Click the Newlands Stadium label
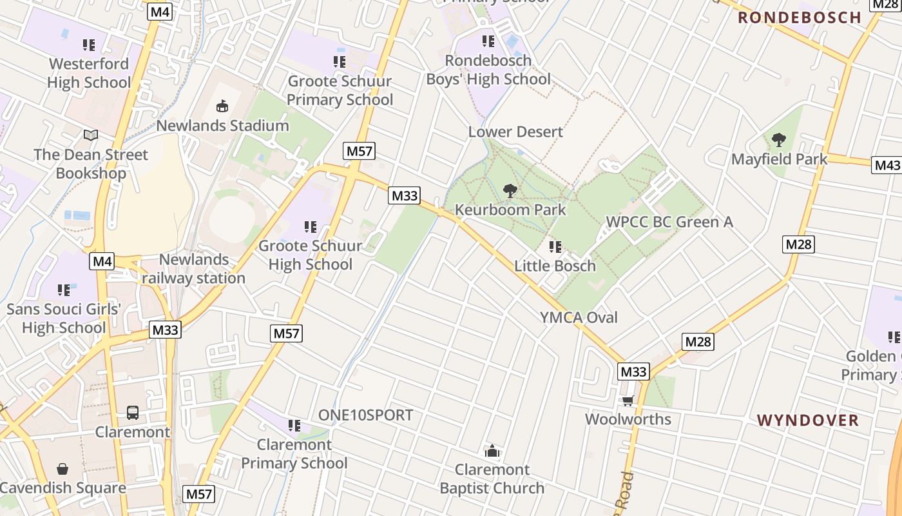point(222,125)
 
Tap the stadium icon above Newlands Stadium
point(222,106)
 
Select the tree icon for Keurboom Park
point(510,190)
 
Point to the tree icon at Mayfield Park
point(779,139)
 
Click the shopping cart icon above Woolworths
point(628,401)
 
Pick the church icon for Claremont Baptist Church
point(492,450)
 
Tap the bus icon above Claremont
point(133,413)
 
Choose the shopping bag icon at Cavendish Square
point(62,469)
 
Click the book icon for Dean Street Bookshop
point(91,135)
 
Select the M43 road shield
point(887,165)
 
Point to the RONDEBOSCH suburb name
point(799,17)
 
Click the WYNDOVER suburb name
point(807,421)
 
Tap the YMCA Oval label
point(579,317)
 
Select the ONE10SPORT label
point(365,415)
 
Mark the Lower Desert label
point(515,132)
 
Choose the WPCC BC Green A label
point(669,222)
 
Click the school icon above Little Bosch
point(555,246)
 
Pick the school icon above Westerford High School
point(89,45)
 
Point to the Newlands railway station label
point(194,269)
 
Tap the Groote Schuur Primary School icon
point(340,62)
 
